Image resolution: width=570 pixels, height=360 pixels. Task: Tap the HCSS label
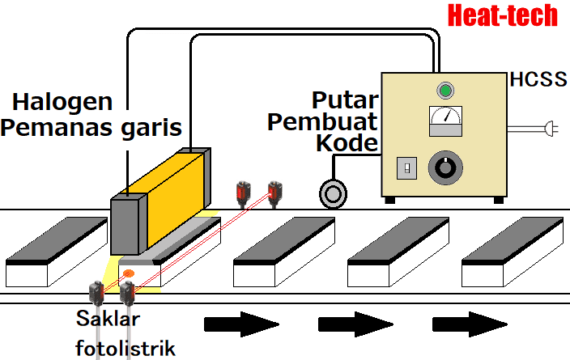pyautogui.click(x=538, y=80)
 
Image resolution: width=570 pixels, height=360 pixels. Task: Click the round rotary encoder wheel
pyautogui.click(x=333, y=193)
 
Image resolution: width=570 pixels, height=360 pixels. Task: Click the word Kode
pyautogui.click(x=346, y=143)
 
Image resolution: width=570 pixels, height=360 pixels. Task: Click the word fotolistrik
pyautogui.click(x=125, y=347)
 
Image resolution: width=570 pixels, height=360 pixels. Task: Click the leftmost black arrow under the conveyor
pyautogui.click(x=240, y=324)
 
